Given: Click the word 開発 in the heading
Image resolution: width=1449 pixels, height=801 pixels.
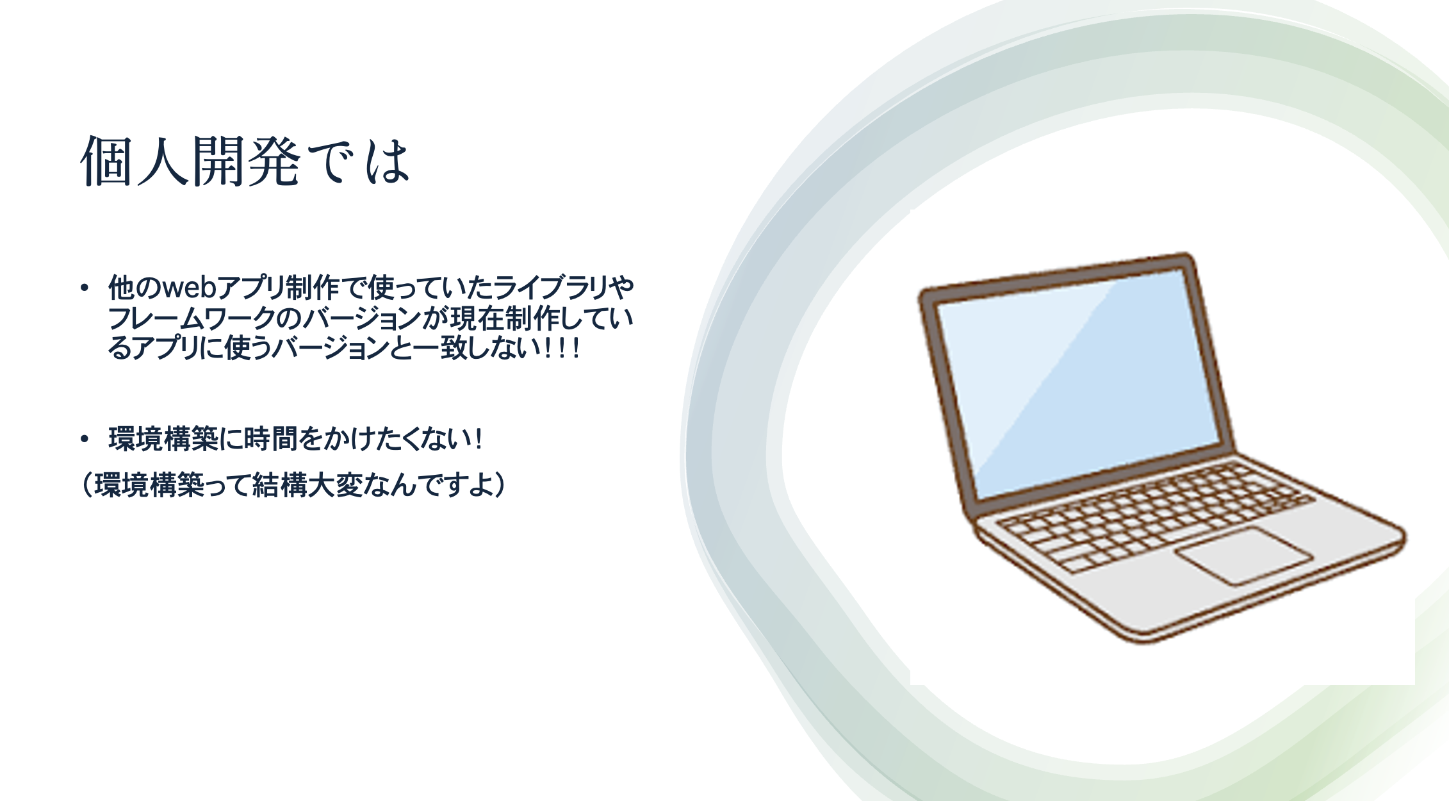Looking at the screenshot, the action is (247, 161).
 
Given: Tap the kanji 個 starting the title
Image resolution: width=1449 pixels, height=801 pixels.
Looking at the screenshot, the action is (108, 161).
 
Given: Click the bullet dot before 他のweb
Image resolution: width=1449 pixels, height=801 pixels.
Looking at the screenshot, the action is (84, 288).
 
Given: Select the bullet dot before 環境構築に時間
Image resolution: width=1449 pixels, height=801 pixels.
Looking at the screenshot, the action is (84, 439).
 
